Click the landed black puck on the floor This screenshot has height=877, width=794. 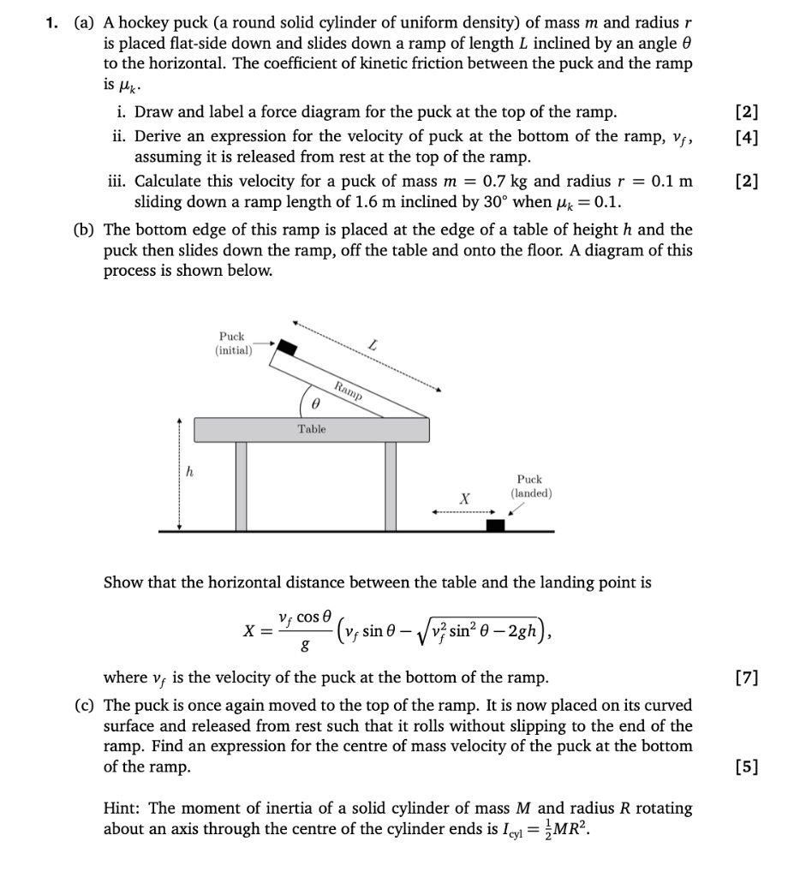(494, 524)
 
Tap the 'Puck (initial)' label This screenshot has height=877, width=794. (232, 343)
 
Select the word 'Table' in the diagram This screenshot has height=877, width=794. (312, 429)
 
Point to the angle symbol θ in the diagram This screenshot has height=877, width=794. (315, 400)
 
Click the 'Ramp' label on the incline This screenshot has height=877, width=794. (349, 391)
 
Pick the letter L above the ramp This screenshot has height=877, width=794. (373, 344)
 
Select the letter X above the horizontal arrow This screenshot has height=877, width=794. (464, 498)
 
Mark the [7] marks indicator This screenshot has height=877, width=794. (747, 678)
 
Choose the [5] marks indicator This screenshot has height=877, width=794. (747, 767)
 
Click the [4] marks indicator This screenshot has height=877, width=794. (747, 136)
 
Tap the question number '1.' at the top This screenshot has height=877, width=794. (52, 23)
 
